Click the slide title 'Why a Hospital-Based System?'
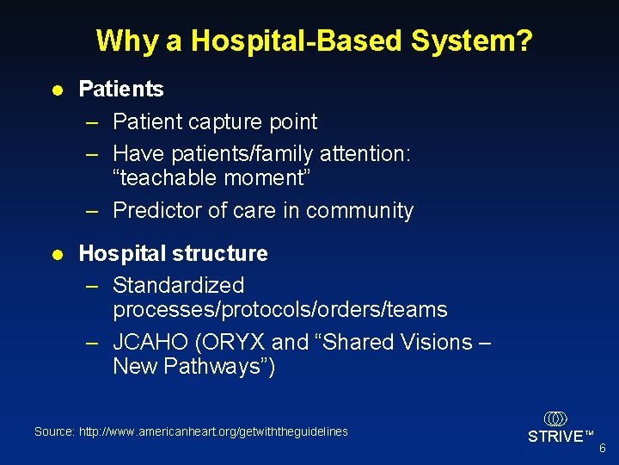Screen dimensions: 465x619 point(315,40)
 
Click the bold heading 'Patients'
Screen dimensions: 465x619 point(120,89)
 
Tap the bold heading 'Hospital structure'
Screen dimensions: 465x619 point(173,253)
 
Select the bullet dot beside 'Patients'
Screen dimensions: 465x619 point(56,90)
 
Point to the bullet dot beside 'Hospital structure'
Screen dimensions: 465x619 point(56,254)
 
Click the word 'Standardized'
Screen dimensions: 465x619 point(179,285)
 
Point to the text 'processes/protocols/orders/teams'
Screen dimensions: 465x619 point(280,309)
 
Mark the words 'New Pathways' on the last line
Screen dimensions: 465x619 point(188,366)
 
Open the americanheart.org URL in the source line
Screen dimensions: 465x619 point(213,431)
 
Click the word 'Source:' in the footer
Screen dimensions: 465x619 point(54,431)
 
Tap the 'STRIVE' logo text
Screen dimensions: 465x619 point(555,437)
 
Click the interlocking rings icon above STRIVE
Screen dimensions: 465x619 point(555,418)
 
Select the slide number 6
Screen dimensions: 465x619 point(602,449)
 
